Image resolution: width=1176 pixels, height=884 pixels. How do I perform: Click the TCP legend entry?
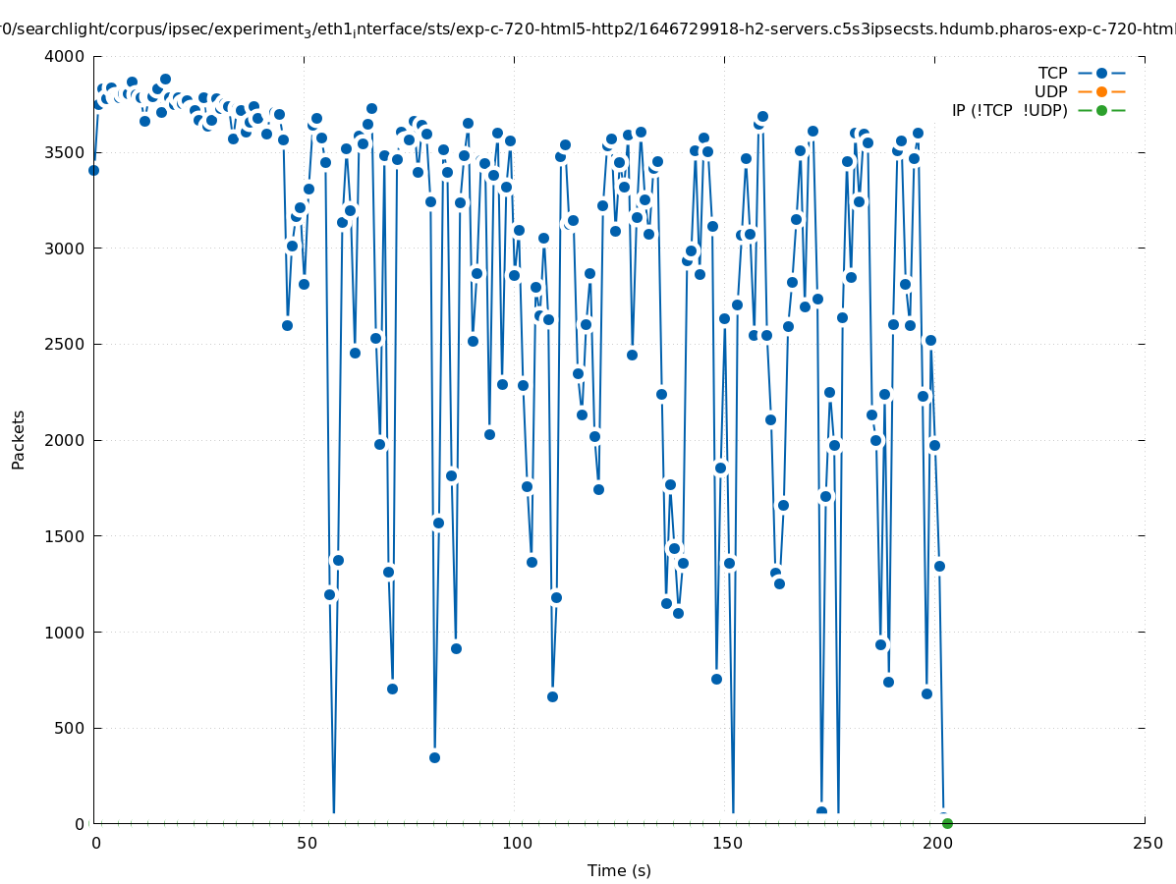pos(1052,73)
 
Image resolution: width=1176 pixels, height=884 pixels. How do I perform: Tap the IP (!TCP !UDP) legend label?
pos(1009,110)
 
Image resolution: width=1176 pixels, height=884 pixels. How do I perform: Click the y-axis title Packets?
pos(18,439)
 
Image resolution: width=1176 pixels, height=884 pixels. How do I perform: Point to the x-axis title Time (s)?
pos(619,870)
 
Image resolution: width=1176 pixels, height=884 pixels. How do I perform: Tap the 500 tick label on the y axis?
pos(71,728)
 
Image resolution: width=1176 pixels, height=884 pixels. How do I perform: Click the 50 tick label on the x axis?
pos(306,843)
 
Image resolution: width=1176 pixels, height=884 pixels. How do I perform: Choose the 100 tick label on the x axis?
pos(516,843)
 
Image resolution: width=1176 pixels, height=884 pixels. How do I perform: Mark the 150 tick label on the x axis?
pos(726,843)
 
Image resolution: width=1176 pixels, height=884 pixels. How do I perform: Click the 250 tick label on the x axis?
pos(1146,843)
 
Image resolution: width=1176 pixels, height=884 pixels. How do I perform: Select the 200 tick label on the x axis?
pos(936,843)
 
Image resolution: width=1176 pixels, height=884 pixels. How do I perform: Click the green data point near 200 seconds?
pos(947,823)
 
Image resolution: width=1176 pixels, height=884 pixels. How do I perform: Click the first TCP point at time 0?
pos(93,170)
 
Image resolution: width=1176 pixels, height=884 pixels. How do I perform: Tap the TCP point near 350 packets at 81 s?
pos(434,757)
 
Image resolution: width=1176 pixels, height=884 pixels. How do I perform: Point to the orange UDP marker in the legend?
pos(1101,91)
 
